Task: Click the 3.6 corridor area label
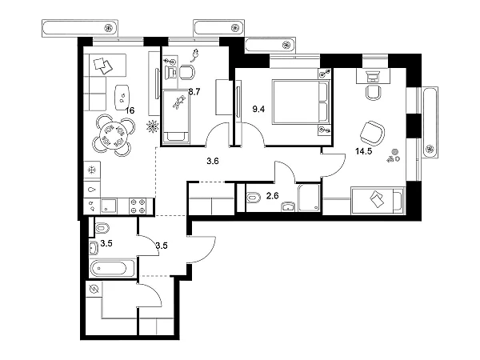[213, 162]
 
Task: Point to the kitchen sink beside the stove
[113, 205]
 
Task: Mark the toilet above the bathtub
[102, 229]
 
